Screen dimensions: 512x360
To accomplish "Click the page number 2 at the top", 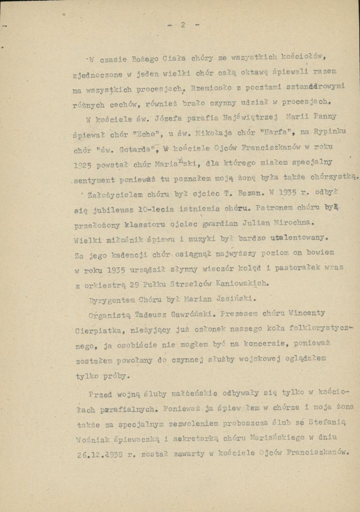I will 183,25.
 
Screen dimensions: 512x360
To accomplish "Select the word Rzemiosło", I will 211,88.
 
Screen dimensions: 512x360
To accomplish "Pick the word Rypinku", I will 330,131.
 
